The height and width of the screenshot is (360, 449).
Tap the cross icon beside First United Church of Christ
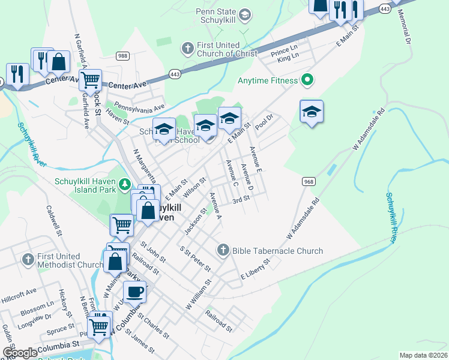pos(187,47)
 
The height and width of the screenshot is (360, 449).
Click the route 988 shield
pos(123,56)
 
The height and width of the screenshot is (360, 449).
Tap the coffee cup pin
pos(134,292)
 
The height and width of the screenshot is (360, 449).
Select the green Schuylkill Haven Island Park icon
pos(125,184)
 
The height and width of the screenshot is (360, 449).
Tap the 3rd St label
pos(241,199)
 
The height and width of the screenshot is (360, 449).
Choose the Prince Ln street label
pos(285,53)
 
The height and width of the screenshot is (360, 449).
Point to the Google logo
pos(20,353)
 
